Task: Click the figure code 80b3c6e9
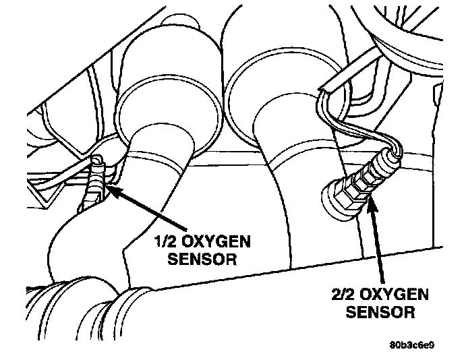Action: tap(411, 347)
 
